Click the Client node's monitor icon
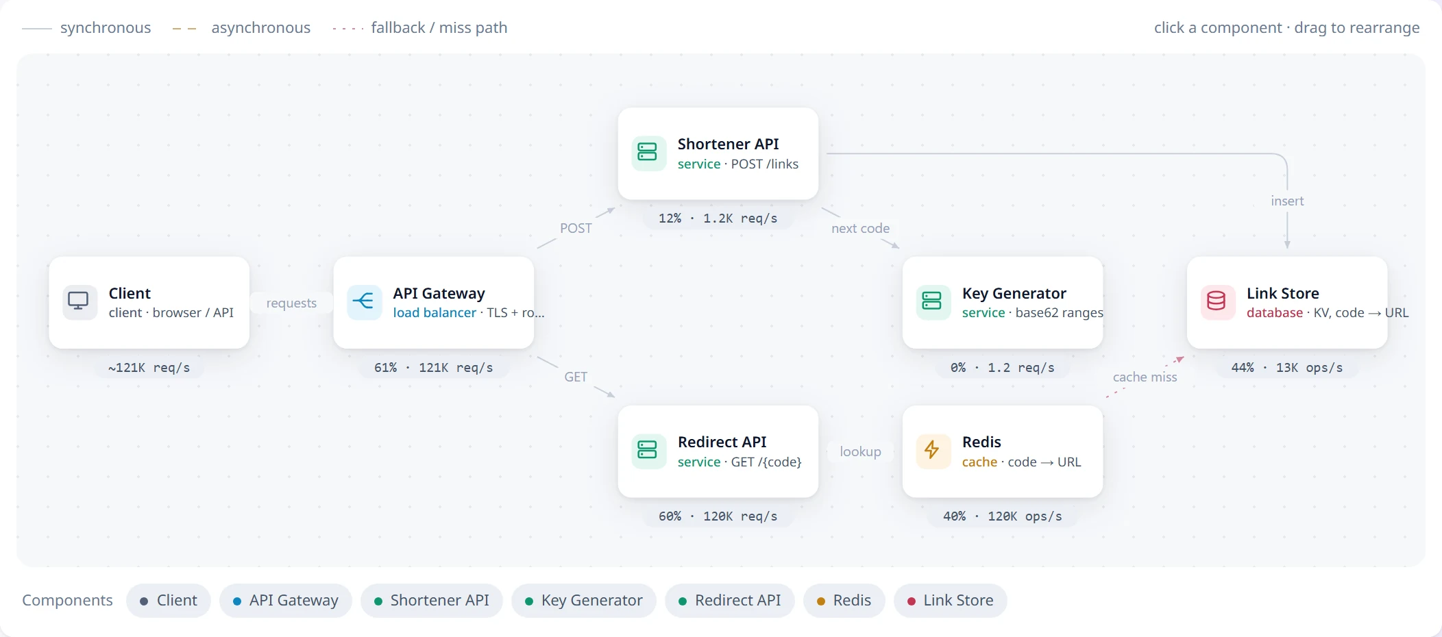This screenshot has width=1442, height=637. coord(78,301)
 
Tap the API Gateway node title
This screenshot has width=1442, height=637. coord(439,293)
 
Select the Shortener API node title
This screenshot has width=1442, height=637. coord(729,144)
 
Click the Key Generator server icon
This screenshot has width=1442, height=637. coord(932,301)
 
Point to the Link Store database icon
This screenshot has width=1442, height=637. coord(1217,301)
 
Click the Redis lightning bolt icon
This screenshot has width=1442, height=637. coord(932,450)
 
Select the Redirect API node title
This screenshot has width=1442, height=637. coord(722,442)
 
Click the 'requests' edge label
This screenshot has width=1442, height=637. coord(291,303)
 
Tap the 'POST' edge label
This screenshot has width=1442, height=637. coord(576,228)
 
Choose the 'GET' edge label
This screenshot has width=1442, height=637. coord(576,377)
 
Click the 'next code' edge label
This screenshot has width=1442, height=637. coord(861,228)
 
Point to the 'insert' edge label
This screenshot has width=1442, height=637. coord(1287,201)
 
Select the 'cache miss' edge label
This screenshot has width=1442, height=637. coord(1145,377)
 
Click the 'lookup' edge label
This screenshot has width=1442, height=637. coord(860,451)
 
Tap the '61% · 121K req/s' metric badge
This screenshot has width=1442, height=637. coord(434,368)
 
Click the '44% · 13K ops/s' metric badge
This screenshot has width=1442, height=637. coord(1287,368)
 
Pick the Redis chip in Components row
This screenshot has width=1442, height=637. coord(844,601)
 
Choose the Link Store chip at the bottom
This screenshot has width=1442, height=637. coord(951,601)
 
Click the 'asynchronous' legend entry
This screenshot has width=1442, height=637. coord(241,28)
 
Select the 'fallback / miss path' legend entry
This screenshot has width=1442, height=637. coord(420,28)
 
